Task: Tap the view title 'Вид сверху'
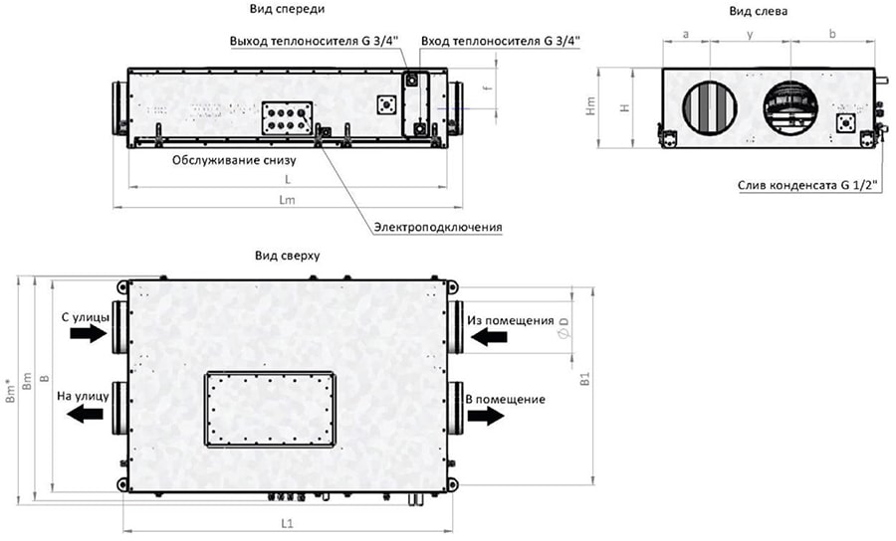(x=286, y=256)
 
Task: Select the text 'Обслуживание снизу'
(x=234, y=159)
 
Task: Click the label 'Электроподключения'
(x=438, y=227)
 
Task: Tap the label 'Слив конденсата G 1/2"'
(x=807, y=185)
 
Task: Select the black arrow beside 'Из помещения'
(x=488, y=338)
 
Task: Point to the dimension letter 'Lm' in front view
(x=287, y=199)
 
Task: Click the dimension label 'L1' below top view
(x=287, y=523)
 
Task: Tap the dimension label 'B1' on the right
(x=586, y=379)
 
